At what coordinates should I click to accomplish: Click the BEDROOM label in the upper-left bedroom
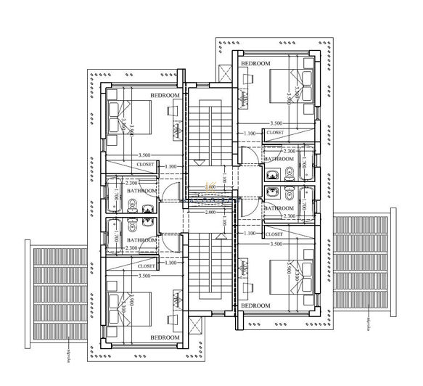(x=165, y=96)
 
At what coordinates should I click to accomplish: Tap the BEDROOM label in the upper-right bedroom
(x=255, y=64)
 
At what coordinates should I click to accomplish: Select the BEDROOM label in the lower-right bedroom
(x=255, y=306)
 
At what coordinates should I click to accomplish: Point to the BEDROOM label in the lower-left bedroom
(x=165, y=337)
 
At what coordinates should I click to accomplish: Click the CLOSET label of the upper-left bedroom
(x=145, y=165)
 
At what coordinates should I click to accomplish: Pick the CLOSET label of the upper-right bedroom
(x=275, y=133)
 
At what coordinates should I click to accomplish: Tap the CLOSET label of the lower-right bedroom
(x=275, y=234)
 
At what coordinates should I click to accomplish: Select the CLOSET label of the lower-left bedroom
(x=145, y=266)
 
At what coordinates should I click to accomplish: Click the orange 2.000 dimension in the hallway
(x=210, y=187)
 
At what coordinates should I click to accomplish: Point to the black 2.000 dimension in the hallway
(x=210, y=213)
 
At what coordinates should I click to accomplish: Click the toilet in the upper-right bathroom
(x=288, y=173)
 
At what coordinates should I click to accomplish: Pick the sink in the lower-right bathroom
(x=273, y=192)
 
